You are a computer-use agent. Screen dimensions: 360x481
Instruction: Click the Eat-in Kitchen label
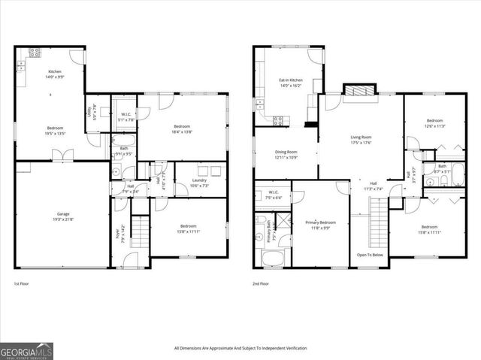pyautogui.click(x=291, y=80)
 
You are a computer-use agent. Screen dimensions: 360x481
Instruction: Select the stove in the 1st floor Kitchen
pyautogui.click(x=35, y=53)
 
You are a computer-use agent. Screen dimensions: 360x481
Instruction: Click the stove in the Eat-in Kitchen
pyautogui.click(x=277, y=119)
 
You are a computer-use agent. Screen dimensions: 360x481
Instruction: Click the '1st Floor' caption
pyautogui.click(x=22, y=284)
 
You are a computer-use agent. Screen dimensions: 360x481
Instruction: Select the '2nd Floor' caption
pyautogui.click(x=261, y=284)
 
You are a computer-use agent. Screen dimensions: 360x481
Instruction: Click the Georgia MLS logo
pyautogui.click(x=24, y=350)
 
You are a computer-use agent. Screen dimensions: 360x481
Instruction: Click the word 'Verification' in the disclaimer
pyautogui.click(x=293, y=348)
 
